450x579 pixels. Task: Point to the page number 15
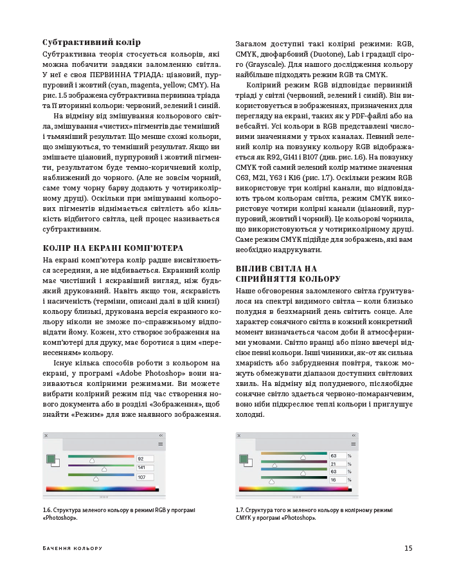408,548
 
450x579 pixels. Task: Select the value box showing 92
145,459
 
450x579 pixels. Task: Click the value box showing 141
145,468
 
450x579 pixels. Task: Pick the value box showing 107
145,477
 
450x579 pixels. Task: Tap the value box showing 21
336,464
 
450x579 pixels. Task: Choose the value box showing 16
336,479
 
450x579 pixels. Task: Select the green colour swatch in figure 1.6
51,459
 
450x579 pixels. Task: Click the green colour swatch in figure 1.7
244,459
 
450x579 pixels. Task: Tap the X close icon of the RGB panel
46,436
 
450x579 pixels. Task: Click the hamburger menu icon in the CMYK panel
353,444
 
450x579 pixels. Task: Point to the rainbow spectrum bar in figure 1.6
100,489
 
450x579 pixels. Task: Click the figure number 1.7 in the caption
240,510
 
